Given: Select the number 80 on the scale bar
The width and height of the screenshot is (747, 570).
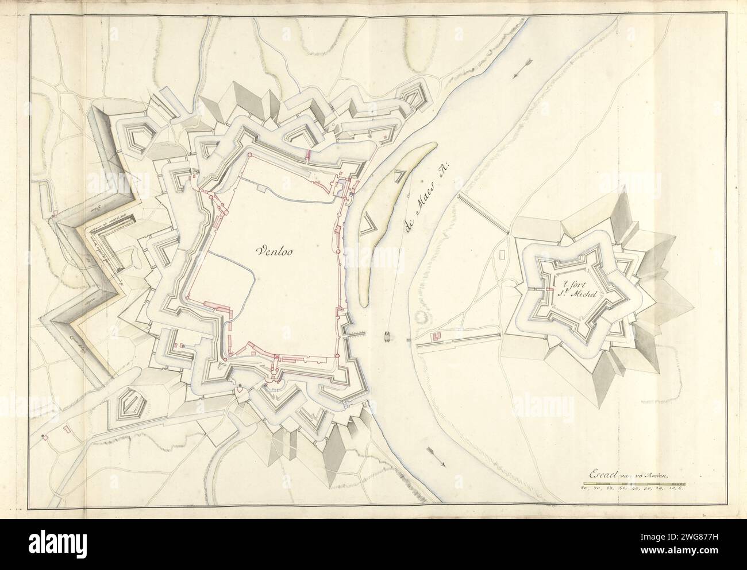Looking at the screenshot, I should [583, 489].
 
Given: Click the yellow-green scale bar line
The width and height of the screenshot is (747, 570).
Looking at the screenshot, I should [632, 483].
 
